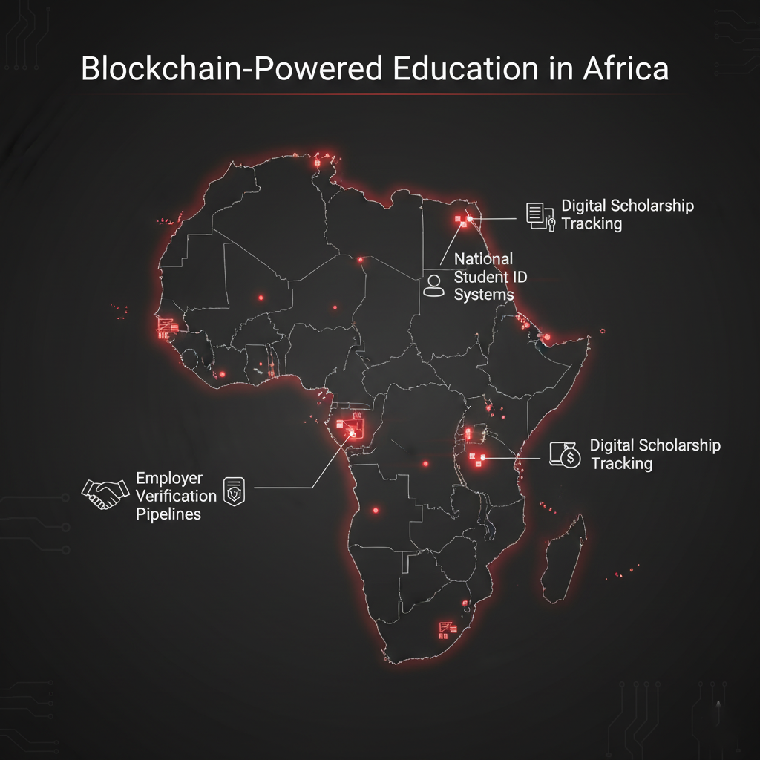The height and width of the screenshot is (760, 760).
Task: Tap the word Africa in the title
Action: pos(626,68)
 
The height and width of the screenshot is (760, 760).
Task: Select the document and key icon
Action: pos(540,214)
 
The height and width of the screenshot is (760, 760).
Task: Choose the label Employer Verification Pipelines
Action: pos(176,496)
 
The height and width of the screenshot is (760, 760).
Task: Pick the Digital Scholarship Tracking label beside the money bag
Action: pos(655,454)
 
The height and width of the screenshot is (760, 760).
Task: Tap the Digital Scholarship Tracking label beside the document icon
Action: pos(627,214)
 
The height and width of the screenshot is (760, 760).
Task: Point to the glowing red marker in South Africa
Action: pos(447,629)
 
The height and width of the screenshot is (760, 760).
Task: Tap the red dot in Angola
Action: pos(375,510)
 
